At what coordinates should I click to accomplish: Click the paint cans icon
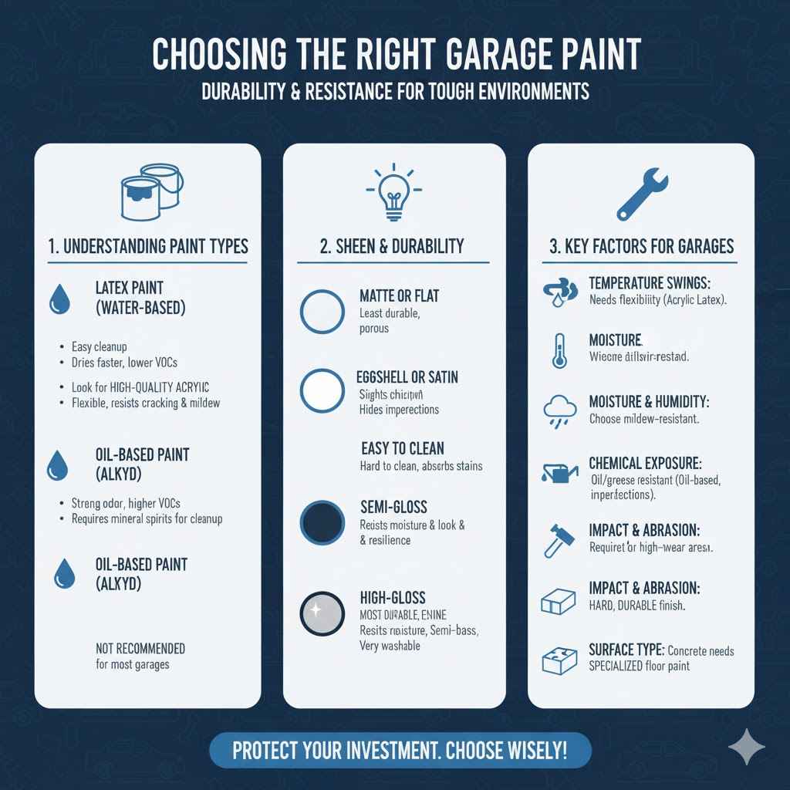pos(151,191)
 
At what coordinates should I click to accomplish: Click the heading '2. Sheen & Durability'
pos(392,246)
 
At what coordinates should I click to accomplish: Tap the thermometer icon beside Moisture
pos(560,349)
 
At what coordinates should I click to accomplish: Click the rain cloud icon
pos(560,410)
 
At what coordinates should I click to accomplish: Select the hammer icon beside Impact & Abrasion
pos(559,539)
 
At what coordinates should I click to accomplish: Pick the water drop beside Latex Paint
pos(59,299)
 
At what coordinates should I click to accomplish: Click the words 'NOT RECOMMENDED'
pos(140,648)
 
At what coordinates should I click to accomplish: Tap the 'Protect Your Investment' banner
pos(400,751)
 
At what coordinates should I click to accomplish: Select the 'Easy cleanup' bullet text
pos(99,347)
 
